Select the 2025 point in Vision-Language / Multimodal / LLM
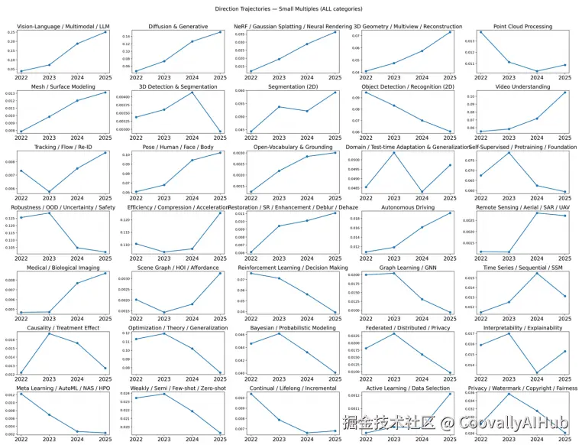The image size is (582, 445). (105, 32)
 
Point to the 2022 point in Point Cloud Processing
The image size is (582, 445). (481, 32)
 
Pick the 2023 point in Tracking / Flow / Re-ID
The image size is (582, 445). (49, 192)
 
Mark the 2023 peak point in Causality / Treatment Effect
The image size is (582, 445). (49, 333)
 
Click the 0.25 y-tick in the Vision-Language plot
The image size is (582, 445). (11, 32)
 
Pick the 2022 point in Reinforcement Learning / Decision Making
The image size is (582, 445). (251, 273)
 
